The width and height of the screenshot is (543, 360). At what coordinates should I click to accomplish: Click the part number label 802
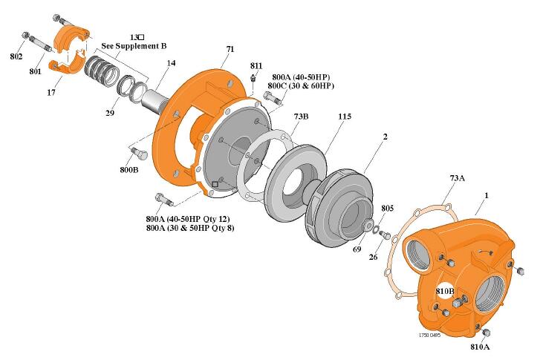[x=16, y=56]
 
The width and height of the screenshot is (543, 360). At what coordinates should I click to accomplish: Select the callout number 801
[x=36, y=72]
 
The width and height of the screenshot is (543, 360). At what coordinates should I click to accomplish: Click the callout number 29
[x=110, y=114]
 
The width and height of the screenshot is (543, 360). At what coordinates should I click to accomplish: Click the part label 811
[x=256, y=66]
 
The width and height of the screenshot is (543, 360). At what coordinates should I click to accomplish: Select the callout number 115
[x=344, y=117]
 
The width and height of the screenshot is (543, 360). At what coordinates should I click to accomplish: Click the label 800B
[x=129, y=170]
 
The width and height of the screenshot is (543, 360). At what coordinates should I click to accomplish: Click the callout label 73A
[x=458, y=178]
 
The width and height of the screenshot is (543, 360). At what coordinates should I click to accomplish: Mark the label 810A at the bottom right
[x=479, y=347]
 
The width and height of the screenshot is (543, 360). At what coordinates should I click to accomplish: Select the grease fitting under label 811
[x=254, y=78]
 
